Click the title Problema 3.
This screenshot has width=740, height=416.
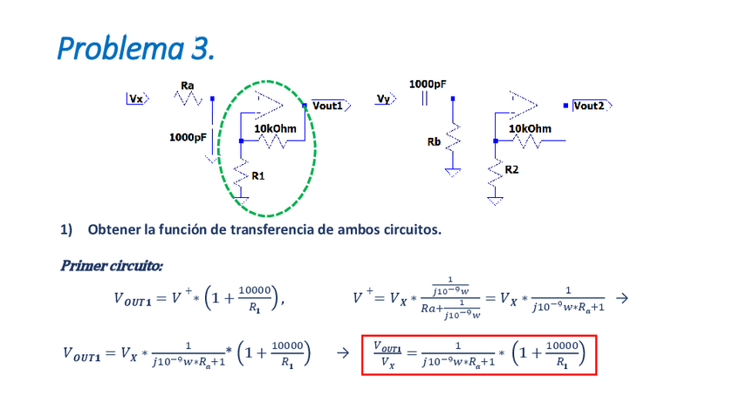click(x=135, y=48)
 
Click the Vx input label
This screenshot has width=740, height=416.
click(x=137, y=99)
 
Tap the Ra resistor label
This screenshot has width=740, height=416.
click(x=187, y=85)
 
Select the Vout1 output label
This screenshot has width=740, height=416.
click(x=331, y=106)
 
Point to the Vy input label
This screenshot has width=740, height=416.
click(x=383, y=99)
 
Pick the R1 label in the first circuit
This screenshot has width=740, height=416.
click(x=258, y=176)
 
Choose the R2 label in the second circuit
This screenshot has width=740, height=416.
click(x=512, y=169)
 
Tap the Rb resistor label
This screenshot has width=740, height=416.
click(x=434, y=141)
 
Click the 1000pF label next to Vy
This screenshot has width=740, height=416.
click(x=428, y=84)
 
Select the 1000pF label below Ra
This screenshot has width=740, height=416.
click(x=188, y=137)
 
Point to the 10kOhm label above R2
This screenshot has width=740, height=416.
click(x=530, y=128)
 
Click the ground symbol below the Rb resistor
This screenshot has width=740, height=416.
click(x=452, y=171)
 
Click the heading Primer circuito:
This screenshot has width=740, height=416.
click(x=112, y=264)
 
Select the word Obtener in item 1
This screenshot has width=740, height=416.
click(x=115, y=229)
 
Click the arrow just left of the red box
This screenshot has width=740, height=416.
click(x=343, y=353)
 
